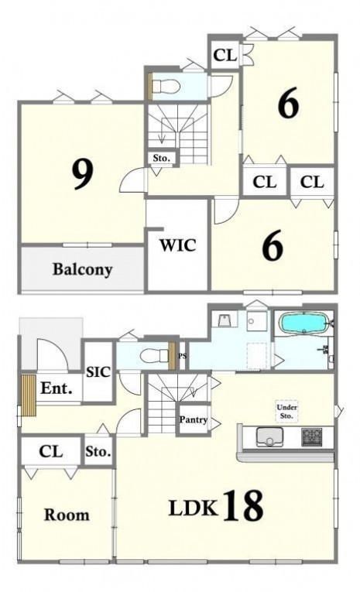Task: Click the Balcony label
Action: pos(82,270)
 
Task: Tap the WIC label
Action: pos(177,245)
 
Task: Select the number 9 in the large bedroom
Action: pos(82,174)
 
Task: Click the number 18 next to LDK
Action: pos(244,505)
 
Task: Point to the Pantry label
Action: pos(193,420)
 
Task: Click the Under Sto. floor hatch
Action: pos(286,411)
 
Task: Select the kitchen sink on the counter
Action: pos(269,436)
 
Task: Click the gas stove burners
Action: pos(312,436)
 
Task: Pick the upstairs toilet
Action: pos(166,87)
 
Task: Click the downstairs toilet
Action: pos(154,355)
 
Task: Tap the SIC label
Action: pos(98,372)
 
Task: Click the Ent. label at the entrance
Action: pos(56,388)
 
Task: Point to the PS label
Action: pos(183,356)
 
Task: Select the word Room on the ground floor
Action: pos(67,515)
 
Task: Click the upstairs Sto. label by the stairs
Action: pos(161,158)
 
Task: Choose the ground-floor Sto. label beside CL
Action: pos(98,452)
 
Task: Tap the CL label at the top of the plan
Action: pos(225,56)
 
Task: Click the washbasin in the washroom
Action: pos(225,320)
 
